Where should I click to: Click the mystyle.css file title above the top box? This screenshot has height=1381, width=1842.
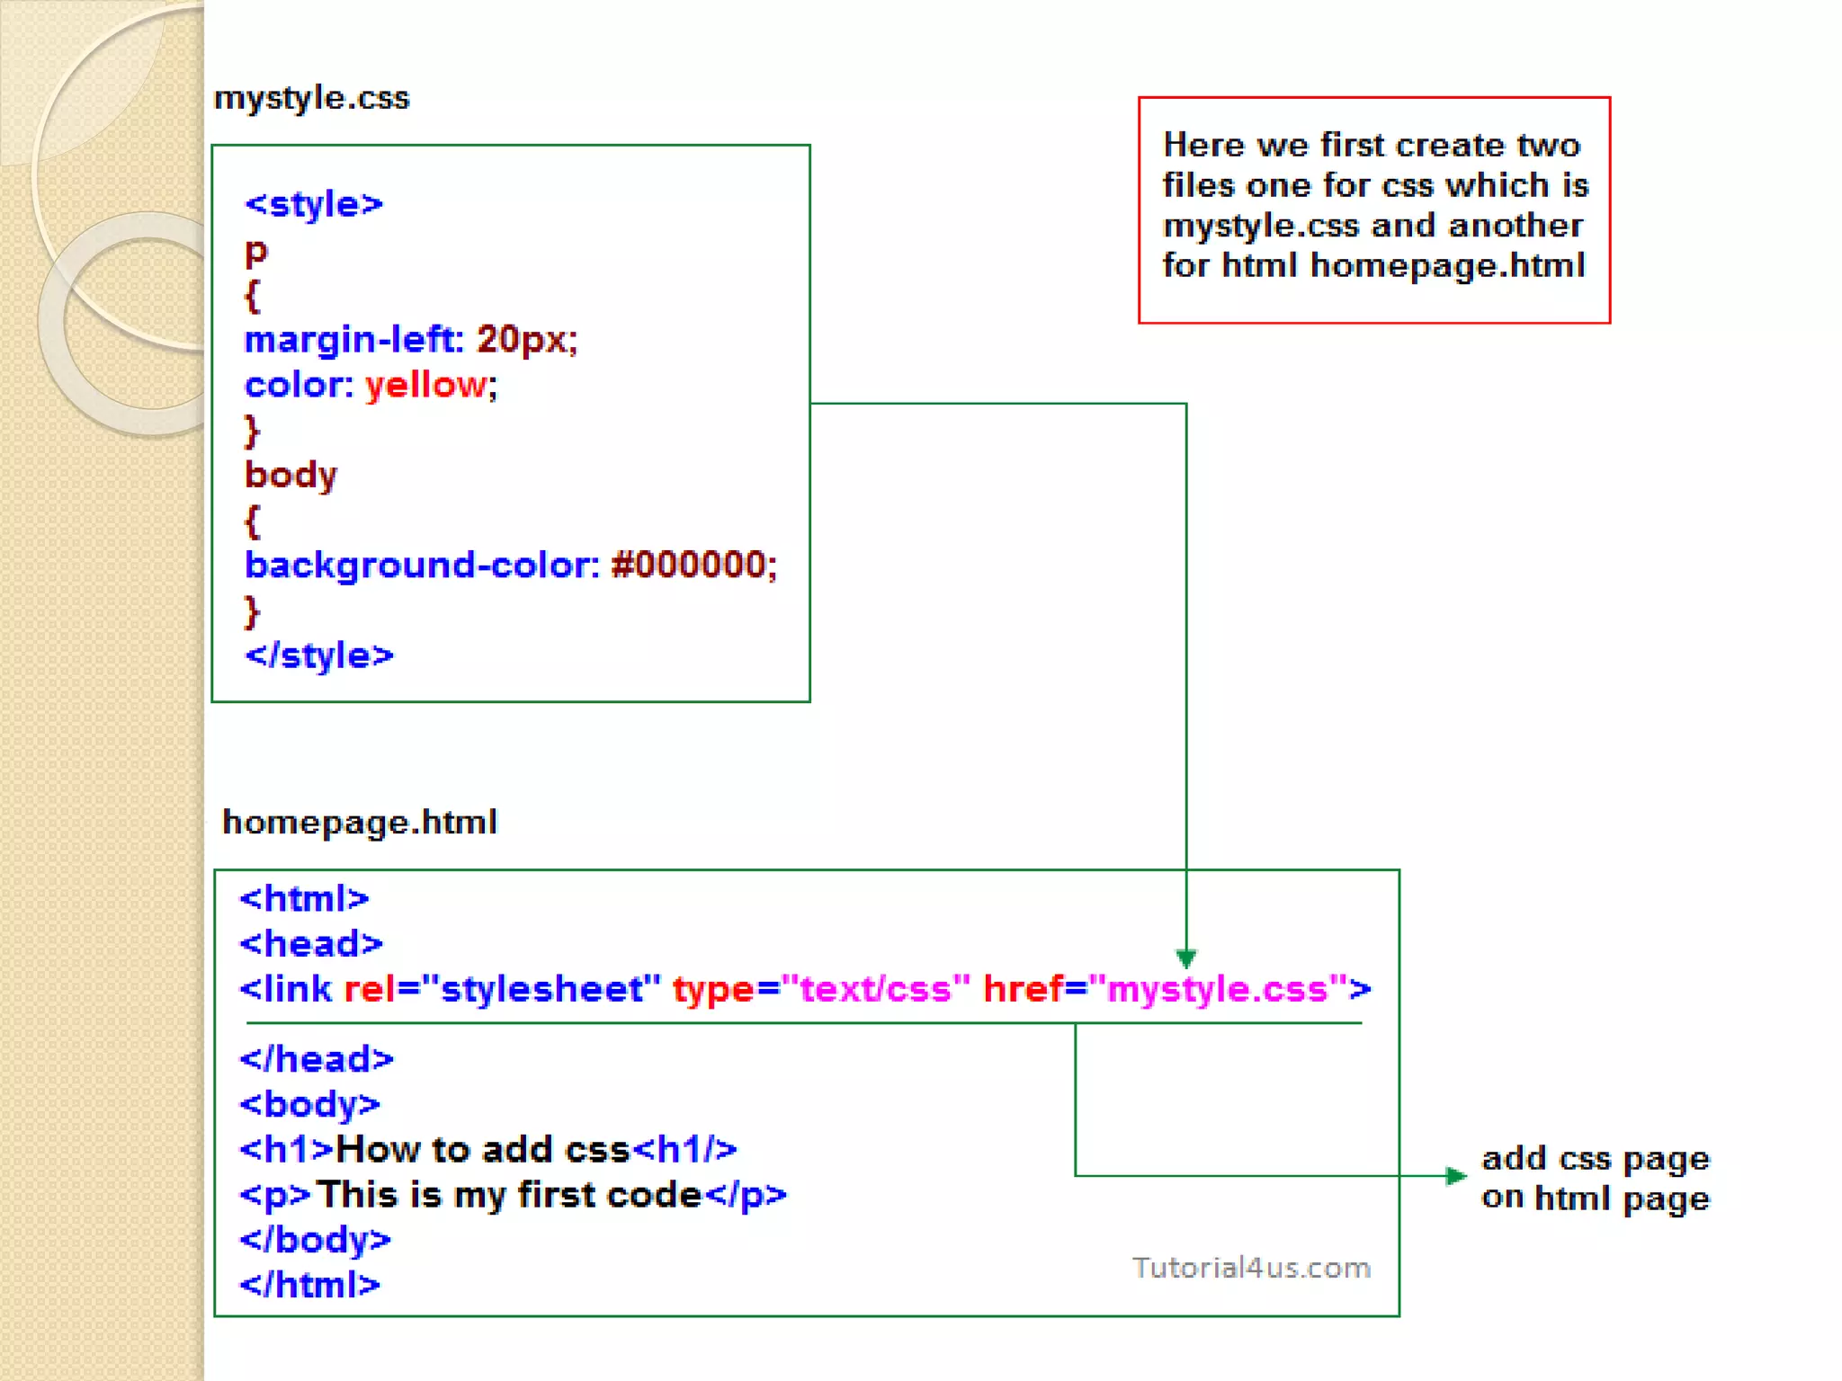click(x=311, y=98)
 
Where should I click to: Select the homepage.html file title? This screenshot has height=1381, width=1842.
click(x=360, y=823)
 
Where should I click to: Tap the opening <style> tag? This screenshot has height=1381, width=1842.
click(x=314, y=205)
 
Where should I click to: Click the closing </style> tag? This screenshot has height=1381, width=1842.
click(x=319, y=655)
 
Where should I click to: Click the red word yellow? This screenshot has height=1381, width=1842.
click(x=426, y=386)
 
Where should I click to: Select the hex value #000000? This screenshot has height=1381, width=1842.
click(x=689, y=566)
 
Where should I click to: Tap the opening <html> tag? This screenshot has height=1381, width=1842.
click(x=304, y=899)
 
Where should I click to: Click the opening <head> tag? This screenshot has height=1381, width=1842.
click(x=311, y=944)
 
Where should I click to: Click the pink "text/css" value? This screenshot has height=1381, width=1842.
click(x=876, y=989)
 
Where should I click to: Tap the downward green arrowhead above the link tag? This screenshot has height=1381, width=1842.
click(x=1186, y=958)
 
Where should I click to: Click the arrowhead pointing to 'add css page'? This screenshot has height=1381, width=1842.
click(x=1455, y=1176)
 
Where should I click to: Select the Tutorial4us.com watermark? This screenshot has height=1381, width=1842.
click(x=1251, y=1268)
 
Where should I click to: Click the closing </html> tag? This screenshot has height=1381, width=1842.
click(x=309, y=1286)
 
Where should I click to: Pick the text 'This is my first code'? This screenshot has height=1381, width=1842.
click(x=508, y=1196)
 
